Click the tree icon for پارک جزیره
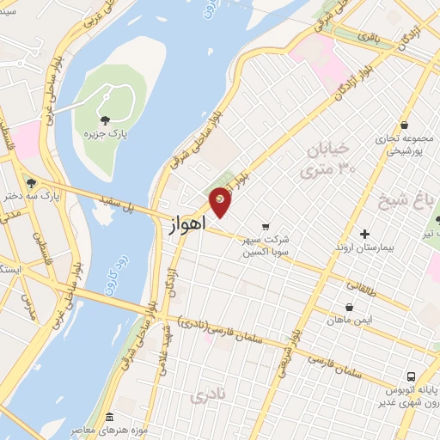point(106,120)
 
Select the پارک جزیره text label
point(100,135)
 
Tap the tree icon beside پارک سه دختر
point(31,182)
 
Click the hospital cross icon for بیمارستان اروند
point(364,234)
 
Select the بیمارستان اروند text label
point(364,247)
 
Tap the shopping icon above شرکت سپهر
point(265,204)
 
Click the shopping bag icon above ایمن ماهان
point(349,307)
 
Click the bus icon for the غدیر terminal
point(412,376)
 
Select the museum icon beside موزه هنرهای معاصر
point(109,415)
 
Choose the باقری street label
point(369,40)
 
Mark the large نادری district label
point(205,395)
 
